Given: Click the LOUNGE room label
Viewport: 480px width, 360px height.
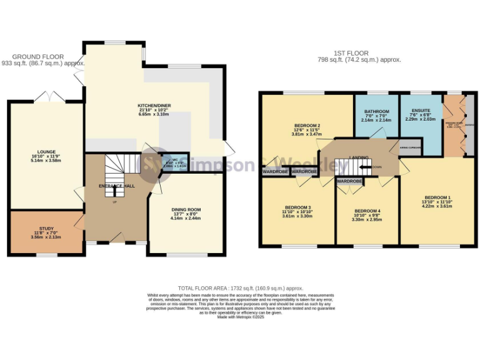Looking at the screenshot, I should (46, 152).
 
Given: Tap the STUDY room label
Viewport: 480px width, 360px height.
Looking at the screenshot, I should (46, 229).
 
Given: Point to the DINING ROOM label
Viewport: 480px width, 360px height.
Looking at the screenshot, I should (186, 210).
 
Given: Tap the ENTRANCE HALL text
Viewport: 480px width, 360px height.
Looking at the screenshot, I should (116, 186).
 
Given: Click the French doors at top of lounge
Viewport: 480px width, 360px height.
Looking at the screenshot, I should (49, 97).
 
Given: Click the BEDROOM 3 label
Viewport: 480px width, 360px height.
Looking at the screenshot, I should (297, 207).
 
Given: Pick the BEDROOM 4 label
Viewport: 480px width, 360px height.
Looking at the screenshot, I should (366, 211).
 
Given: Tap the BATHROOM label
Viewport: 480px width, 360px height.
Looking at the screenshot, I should (377, 112).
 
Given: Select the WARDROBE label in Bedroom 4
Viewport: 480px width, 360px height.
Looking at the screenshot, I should (349, 182).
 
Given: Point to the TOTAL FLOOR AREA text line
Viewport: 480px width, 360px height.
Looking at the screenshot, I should (241, 289).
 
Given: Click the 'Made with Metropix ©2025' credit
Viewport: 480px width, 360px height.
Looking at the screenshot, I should (241, 317).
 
